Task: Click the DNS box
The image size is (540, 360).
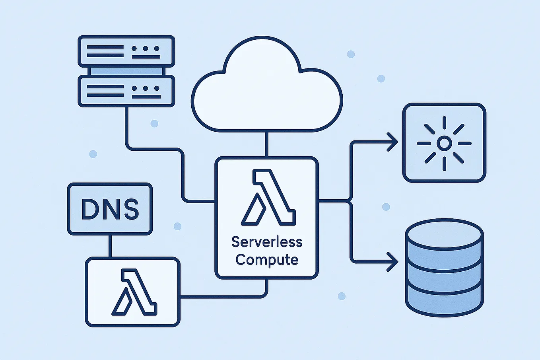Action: click(110, 209)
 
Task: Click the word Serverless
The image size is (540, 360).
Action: click(267, 242)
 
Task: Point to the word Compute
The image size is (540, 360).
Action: click(267, 260)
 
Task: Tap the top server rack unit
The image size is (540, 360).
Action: click(126, 51)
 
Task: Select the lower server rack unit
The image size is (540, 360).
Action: click(126, 91)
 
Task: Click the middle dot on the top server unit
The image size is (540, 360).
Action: click(146, 49)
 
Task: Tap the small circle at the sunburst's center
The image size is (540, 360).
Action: click(444, 143)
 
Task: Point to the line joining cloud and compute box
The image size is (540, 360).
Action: click(266, 144)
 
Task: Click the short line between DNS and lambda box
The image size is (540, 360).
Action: click(110, 246)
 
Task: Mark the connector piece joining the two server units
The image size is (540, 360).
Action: click(126, 71)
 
